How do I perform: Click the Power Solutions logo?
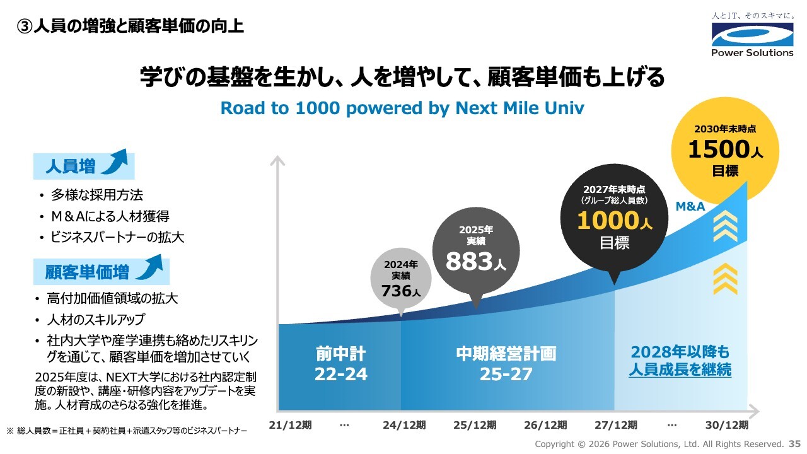click(x=752, y=35)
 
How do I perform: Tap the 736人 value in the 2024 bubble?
click(x=400, y=291)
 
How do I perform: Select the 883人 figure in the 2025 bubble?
click(x=475, y=261)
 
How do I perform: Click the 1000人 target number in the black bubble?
click(x=614, y=221)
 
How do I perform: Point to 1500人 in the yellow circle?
click(x=725, y=149)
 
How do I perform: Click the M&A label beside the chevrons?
click(x=690, y=206)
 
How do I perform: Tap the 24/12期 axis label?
click(x=404, y=425)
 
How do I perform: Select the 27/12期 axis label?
click(x=616, y=425)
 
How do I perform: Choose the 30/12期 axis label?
click(x=727, y=425)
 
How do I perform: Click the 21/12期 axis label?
click(x=290, y=425)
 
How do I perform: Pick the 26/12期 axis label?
click(x=545, y=425)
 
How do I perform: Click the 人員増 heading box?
click(x=84, y=166)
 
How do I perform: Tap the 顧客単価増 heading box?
click(x=102, y=272)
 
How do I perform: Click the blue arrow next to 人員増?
click(x=115, y=162)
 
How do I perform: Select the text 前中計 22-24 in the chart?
click(x=341, y=364)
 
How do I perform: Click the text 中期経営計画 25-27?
click(x=506, y=364)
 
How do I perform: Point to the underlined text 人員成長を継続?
click(x=680, y=370)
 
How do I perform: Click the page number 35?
click(x=794, y=443)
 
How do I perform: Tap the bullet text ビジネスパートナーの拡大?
click(x=117, y=238)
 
